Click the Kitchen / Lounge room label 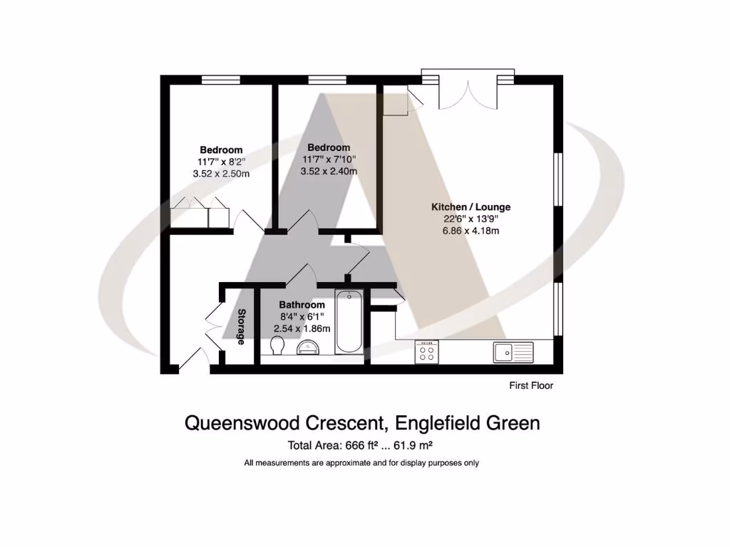click(x=471, y=207)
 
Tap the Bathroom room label click(x=302, y=305)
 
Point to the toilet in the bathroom click(x=278, y=346)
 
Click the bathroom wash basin click(x=309, y=348)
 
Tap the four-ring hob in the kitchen click(x=427, y=352)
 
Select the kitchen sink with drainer click(x=513, y=351)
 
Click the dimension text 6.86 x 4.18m click(x=471, y=231)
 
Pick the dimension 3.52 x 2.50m click(x=221, y=173)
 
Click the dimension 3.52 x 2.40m click(x=329, y=171)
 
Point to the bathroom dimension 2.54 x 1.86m click(x=302, y=328)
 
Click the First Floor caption click(x=531, y=385)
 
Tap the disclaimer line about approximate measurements click(x=361, y=463)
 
